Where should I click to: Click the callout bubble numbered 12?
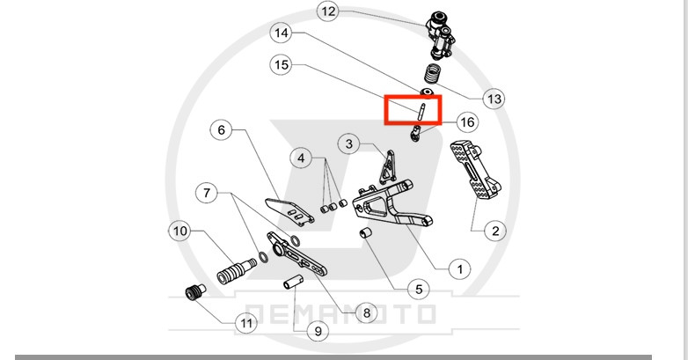[328, 11]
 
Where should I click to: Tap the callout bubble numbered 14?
[281, 34]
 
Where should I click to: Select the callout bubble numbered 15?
[281, 65]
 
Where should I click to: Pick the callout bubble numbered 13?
[494, 99]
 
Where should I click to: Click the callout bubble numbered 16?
[466, 121]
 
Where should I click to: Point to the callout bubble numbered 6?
[221, 130]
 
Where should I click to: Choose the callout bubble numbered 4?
[303, 158]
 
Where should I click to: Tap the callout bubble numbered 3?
[349, 143]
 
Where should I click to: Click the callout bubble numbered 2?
[494, 231]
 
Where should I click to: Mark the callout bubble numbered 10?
[179, 231]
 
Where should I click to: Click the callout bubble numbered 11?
[246, 323]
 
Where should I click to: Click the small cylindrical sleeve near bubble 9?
[293, 283]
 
